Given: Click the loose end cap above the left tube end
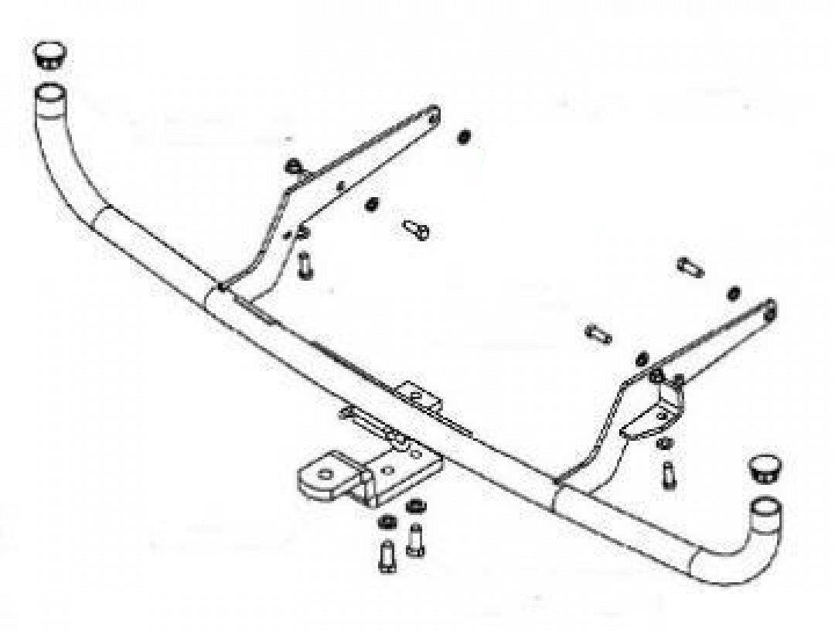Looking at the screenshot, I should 49,55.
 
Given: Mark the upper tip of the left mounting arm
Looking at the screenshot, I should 432,115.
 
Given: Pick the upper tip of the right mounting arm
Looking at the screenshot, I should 769,309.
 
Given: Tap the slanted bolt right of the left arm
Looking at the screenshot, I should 416,229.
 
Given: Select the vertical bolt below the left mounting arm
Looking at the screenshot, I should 304,265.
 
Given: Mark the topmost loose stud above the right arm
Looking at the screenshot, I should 690,268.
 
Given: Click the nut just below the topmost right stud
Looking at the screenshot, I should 733,294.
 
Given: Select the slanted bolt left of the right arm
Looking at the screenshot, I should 598,334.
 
